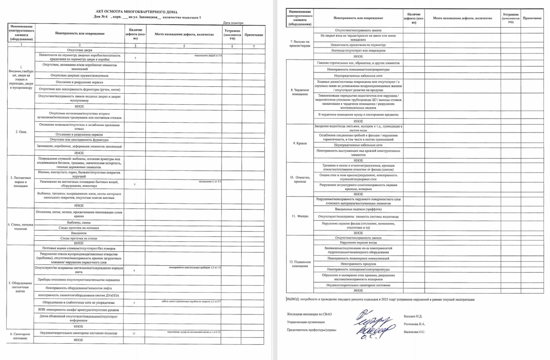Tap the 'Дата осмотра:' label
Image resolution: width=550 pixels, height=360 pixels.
pyautogui.click(x=233, y=22)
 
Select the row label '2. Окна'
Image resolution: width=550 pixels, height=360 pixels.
pyautogui.click(x=21, y=132)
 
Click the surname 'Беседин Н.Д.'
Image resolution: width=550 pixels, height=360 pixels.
pyautogui.click(x=413, y=316)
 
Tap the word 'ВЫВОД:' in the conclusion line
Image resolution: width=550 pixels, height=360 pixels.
pyautogui.click(x=294, y=300)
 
